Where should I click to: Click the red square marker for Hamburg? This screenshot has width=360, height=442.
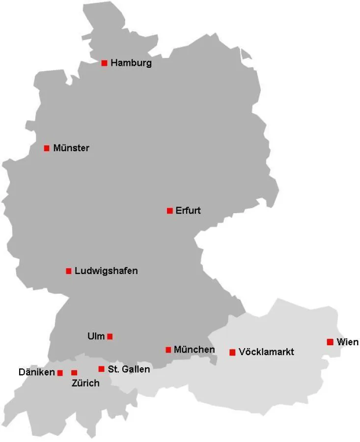(x=104, y=63)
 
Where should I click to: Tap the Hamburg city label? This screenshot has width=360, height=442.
(x=131, y=63)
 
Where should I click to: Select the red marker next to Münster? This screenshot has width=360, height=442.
(x=47, y=148)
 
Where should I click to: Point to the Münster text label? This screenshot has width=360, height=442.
(x=71, y=148)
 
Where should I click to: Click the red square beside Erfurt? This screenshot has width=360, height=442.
(x=169, y=211)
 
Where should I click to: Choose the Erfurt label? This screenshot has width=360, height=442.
(x=188, y=211)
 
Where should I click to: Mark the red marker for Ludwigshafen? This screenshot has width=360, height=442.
(x=69, y=271)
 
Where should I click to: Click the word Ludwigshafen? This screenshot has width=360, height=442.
(x=106, y=271)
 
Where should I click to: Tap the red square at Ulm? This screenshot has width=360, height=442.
(x=110, y=336)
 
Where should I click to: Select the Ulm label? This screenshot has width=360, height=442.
(x=96, y=336)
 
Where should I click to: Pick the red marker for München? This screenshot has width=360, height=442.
(x=168, y=350)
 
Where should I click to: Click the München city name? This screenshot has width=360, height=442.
(x=194, y=350)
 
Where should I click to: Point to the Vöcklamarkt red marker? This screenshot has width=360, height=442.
(x=232, y=352)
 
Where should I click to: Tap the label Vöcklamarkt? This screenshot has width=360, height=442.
(x=266, y=352)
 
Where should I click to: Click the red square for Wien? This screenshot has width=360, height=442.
(x=330, y=342)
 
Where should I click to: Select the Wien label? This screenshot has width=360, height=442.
(x=348, y=342)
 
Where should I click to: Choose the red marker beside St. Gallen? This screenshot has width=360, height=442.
(x=101, y=369)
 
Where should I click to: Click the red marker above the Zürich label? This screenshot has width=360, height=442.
(x=74, y=373)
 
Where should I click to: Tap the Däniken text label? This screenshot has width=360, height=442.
(x=37, y=373)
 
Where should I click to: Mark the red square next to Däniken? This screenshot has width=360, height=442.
(x=60, y=373)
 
